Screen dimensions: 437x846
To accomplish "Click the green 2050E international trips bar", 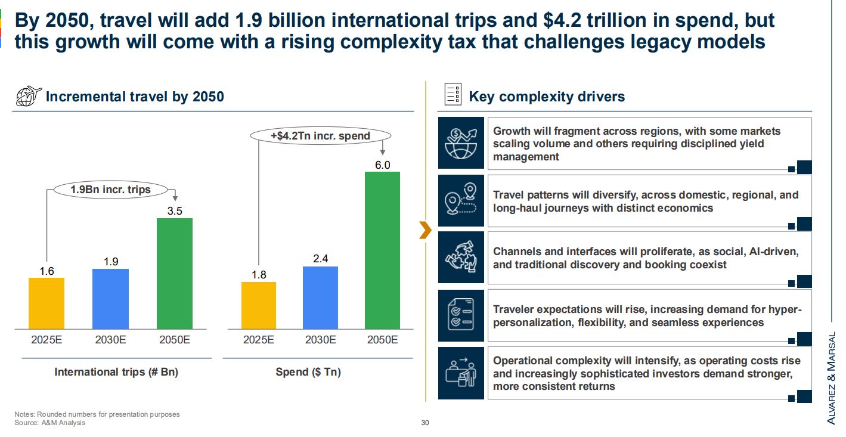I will [175, 273].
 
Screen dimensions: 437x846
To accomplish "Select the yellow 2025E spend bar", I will [259, 305].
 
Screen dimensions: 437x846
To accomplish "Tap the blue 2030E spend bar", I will [321, 297].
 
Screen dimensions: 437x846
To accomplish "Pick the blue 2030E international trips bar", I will [110, 298].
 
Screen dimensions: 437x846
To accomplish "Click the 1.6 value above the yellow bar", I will [47, 271].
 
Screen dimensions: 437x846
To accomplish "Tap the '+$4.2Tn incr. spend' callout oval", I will [320, 136].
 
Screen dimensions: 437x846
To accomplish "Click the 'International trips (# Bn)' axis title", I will [116, 372].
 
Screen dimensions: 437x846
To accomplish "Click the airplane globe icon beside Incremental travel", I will [27, 96].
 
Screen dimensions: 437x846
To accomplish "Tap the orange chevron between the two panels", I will [424, 230].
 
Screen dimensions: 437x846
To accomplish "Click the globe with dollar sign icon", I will [461, 143].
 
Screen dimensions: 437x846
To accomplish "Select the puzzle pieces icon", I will [461, 258].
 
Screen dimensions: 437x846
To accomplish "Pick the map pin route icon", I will [461, 200].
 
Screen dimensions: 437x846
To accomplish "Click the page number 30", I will [425, 423].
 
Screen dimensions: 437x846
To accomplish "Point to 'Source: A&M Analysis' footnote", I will [50, 423].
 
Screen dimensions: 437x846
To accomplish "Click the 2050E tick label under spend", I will [383, 340].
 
